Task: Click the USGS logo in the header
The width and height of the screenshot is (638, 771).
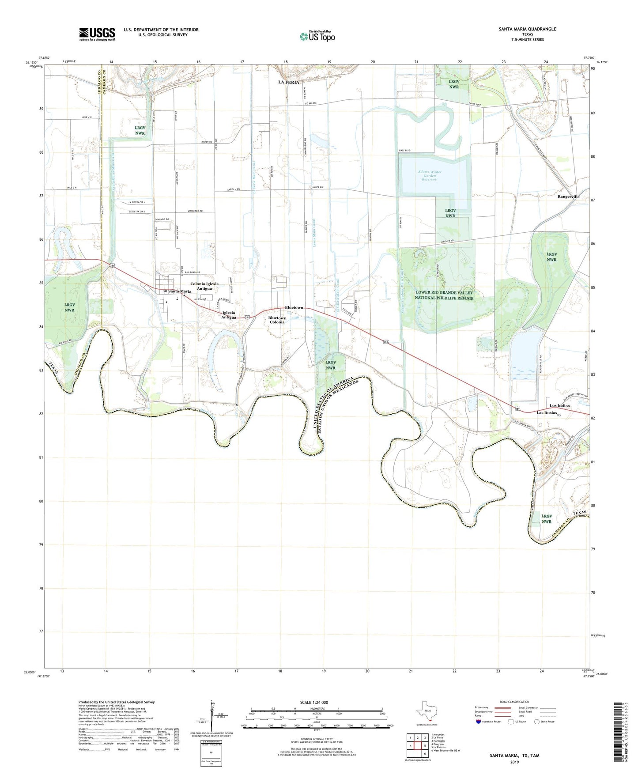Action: click(x=97, y=34)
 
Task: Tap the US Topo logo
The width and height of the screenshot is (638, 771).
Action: click(x=317, y=36)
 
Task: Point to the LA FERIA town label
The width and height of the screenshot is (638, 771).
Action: click(x=288, y=83)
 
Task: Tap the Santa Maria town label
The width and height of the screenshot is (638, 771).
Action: click(x=179, y=291)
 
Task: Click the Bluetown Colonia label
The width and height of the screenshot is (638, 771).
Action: click(x=277, y=320)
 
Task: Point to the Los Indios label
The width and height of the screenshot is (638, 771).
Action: click(x=559, y=405)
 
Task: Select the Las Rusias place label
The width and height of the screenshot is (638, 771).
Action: click(x=546, y=412)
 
